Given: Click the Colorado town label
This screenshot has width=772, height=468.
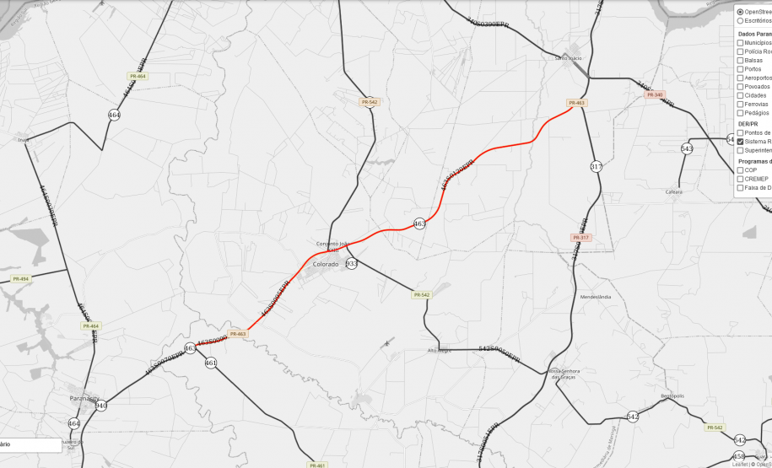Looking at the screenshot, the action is [x=325, y=264].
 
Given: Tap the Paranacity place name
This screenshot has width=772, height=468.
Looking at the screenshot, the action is [x=84, y=398].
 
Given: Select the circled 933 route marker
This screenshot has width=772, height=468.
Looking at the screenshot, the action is [x=352, y=263].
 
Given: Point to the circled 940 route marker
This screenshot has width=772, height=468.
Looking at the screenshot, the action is [x=101, y=406].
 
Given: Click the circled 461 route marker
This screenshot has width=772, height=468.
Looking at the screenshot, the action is [x=210, y=363].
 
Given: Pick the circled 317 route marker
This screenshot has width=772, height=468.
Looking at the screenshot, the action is [x=596, y=166].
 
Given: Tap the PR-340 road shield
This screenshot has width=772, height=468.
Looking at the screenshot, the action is [x=654, y=94].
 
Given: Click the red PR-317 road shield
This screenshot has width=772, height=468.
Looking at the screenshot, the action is [x=580, y=238].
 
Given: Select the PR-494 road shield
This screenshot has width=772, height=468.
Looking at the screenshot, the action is [x=19, y=278].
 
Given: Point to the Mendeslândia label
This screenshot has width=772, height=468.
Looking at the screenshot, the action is [x=596, y=297].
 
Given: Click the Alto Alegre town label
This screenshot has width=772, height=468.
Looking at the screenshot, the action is [x=440, y=350].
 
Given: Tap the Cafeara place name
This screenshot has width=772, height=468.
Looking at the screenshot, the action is [x=674, y=191].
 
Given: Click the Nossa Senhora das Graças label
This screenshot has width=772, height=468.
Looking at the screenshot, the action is [x=567, y=374].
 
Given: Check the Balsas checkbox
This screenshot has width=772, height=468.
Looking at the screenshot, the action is [x=740, y=60].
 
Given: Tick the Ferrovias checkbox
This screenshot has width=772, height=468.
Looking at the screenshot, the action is [x=740, y=104].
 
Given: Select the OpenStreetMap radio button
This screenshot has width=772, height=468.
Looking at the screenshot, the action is [x=740, y=12].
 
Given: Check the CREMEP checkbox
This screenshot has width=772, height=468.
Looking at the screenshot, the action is [x=740, y=179].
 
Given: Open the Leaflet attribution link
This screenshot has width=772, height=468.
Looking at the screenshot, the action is [x=738, y=464].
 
